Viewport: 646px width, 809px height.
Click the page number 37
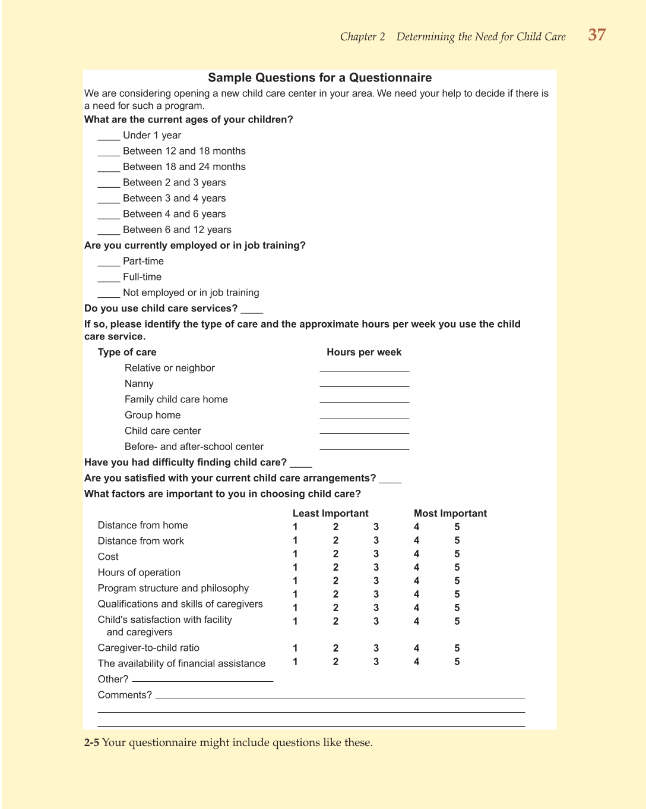pyautogui.click(x=597, y=35)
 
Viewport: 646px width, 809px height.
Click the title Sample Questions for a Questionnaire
pyautogui.click(x=319, y=78)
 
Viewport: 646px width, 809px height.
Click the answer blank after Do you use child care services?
pyautogui.click(x=252, y=310)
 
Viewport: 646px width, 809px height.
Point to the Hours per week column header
pyautogui.click(x=364, y=352)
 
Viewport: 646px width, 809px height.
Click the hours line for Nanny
pyautogui.click(x=364, y=385)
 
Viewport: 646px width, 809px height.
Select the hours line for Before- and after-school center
pyautogui.click(x=364, y=448)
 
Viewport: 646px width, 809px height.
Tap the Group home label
pyautogui.click(x=153, y=415)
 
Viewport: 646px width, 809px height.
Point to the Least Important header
pyautogui.click(x=330, y=514)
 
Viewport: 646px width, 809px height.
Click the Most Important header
pyautogui.click(x=450, y=514)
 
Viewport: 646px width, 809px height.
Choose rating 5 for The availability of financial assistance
pyautogui.click(x=457, y=662)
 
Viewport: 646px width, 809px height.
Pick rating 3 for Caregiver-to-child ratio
pyautogui.click(x=376, y=649)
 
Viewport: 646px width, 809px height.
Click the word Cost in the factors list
pyautogui.click(x=108, y=557)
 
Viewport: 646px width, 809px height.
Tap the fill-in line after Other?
pyautogui.click(x=202, y=680)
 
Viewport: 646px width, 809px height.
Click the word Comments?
pyautogui.click(x=125, y=695)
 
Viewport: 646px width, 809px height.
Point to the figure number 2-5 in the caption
pyautogui.click(x=91, y=743)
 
